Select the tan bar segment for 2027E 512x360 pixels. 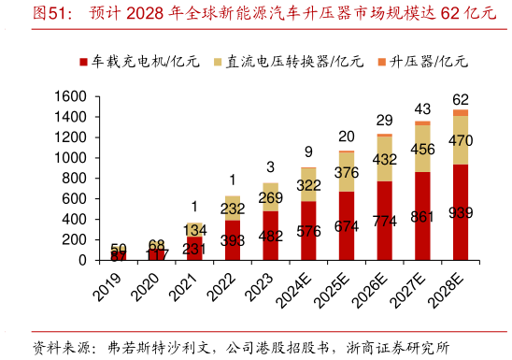pyautogui.click(x=422, y=148)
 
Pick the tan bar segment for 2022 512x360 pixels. pyautogui.click(x=233, y=208)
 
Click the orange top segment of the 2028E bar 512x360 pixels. pyautogui.click(x=460, y=112)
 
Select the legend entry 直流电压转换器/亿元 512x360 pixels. pyautogui.click(x=280, y=62)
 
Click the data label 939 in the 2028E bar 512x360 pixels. pyautogui.click(x=461, y=212)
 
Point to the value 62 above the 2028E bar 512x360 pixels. pyautogui.click(x=461, y=99)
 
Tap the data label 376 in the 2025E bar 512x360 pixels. pyautogui.click(x=347, y=172)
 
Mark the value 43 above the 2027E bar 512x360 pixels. pyautogui.click(x=422, y=109)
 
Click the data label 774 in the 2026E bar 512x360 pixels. pyautogui.click(x=384, y=222)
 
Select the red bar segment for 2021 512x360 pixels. pyautogui.click(x=194, y=248)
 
